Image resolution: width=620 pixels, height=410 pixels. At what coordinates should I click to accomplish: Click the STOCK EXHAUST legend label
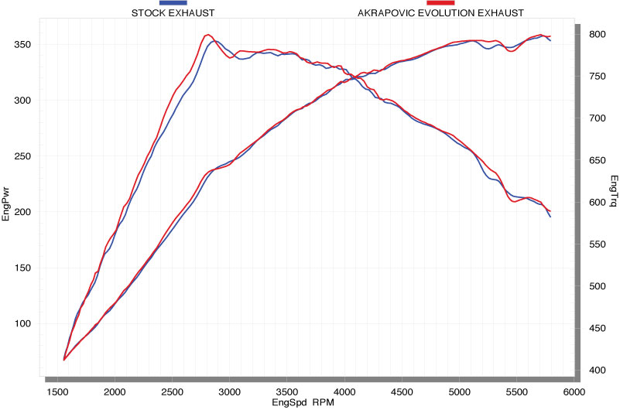point(173,13)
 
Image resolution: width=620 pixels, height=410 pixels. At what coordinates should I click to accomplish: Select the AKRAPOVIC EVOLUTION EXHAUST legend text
point(440,13)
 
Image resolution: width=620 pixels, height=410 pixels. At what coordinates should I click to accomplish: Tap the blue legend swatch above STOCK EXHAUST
point(173,4)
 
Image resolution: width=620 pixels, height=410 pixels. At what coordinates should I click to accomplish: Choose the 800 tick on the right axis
point(597,35)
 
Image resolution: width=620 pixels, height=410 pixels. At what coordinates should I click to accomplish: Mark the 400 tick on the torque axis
point(597,371)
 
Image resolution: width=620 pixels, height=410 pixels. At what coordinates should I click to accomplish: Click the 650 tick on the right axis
point(597,161)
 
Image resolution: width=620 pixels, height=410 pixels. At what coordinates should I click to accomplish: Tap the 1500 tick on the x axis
point(57,391)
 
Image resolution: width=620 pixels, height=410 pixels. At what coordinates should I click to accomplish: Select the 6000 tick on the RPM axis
point(574,391)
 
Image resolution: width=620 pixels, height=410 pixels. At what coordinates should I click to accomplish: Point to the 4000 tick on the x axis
point(344,391)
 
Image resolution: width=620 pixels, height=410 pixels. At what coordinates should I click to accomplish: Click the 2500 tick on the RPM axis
point(172,391)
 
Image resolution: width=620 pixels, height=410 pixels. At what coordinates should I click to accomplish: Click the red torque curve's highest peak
point(207,35)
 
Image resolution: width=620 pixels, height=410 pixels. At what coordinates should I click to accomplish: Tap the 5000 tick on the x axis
point(459,391)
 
